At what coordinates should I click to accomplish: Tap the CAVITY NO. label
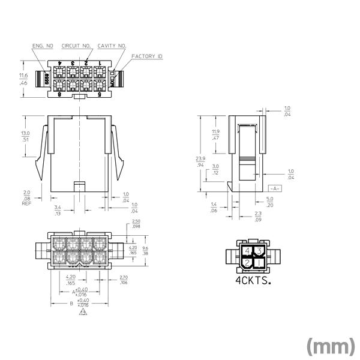(x=112, y=46)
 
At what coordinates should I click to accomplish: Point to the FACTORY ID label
(x=147, y=56)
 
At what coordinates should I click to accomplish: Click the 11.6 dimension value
(x=23, y=76)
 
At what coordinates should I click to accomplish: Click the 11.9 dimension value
(x=215, y=131)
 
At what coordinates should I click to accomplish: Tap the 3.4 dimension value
(x=58, y=206)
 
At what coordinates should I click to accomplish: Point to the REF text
(x=26, y=204)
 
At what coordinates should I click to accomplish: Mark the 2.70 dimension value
(x=124, y=277)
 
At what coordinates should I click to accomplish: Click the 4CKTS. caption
(x=252, y=280)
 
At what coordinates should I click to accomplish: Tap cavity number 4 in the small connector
(x=247, y=251)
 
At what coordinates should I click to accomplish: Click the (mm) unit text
(x=329, y=346)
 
